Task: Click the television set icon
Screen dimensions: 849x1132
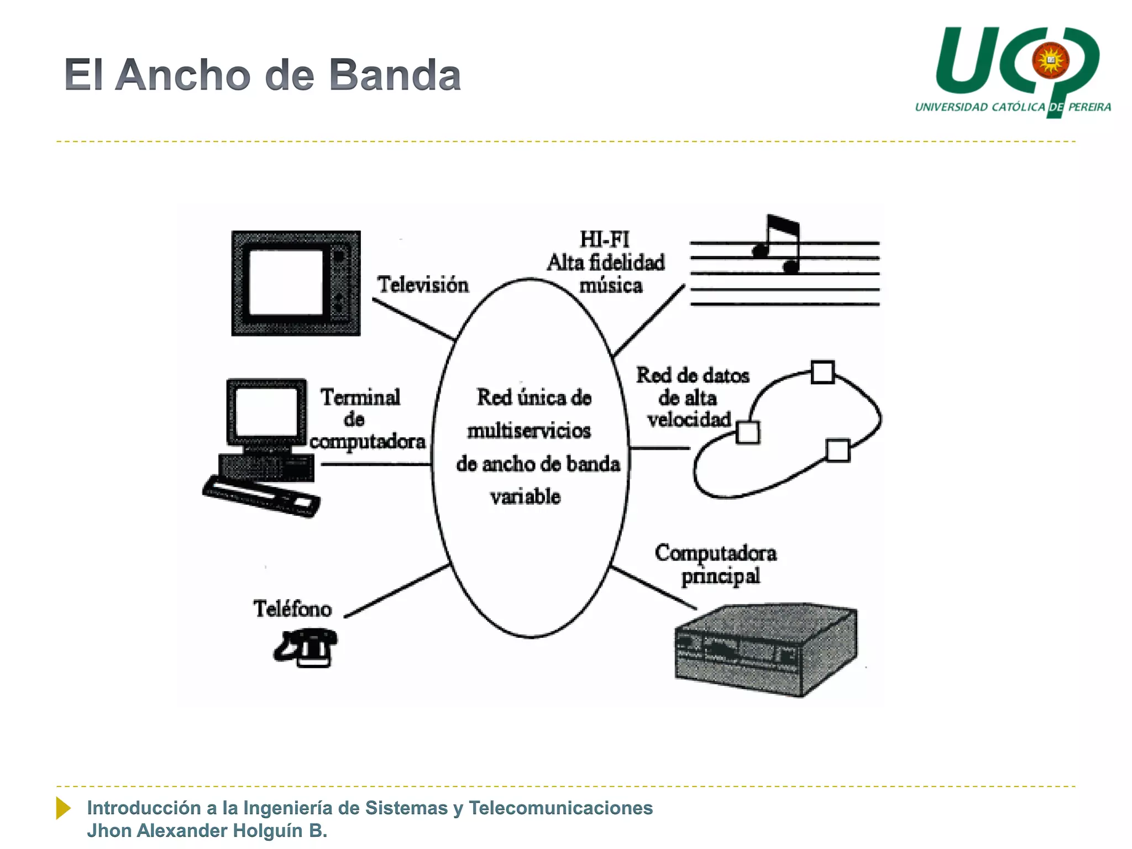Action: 296,283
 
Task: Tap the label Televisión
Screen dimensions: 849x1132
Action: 423,285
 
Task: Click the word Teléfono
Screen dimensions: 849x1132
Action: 292,609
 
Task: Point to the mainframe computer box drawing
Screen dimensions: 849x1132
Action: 766,649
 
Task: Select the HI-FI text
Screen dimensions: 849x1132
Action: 605,239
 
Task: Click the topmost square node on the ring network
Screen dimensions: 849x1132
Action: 822,372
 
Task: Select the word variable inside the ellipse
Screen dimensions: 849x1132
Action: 525,496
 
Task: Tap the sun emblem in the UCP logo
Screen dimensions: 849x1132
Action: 1050,60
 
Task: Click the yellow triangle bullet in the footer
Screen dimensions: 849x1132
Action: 63,808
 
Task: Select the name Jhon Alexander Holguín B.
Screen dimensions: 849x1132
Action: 207,831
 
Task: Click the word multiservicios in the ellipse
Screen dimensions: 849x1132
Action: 529,431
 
